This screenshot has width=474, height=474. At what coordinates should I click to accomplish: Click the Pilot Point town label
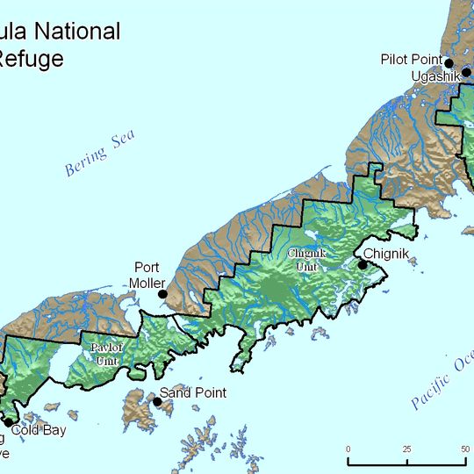pos(411,60)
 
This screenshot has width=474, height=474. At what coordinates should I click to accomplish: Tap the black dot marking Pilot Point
pos(449,62)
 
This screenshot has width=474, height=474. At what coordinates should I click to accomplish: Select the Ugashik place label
pos(437,76)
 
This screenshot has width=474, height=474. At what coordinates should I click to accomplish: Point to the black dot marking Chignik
pos(361,263)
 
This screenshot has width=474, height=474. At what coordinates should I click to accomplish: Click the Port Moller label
pos(147,275)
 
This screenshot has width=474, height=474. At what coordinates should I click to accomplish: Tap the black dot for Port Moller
pos(162,294)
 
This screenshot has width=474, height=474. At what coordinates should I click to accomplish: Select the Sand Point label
pos(192,393)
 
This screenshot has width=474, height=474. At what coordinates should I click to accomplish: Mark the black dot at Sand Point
pos(157,401)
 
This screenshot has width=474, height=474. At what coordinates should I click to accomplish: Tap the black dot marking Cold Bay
pos(10,422)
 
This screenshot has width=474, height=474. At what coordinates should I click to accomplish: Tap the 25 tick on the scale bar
pos(406,449)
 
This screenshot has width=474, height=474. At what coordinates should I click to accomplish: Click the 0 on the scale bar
pos(348,449)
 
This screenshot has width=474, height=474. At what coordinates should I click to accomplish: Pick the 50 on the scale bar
pos(463,449)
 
